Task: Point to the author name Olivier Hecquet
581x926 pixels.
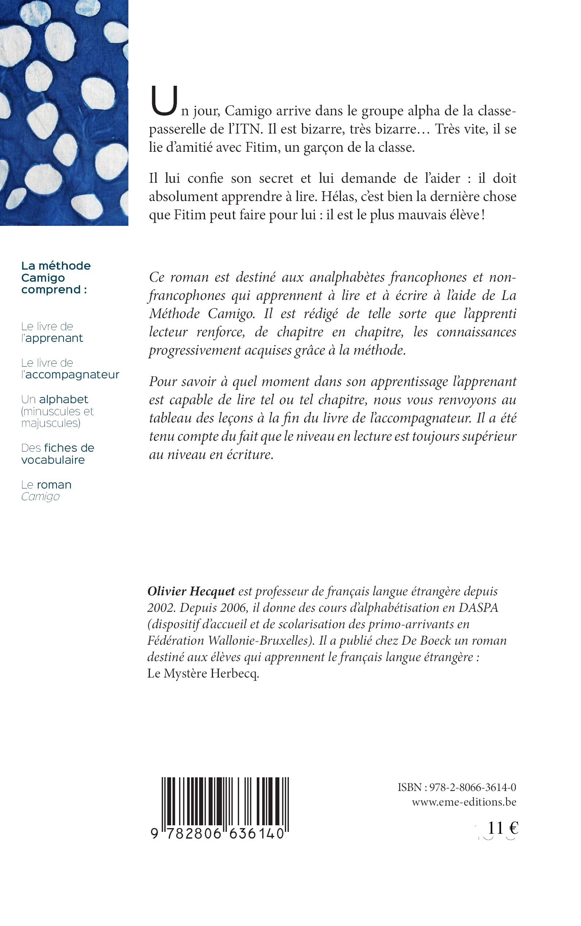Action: (x=191, y=591)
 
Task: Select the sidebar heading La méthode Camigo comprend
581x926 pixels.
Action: (x=56, y=278)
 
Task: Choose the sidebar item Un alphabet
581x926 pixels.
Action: (x=55, y=400)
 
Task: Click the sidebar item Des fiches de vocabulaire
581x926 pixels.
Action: (x=58, y=454)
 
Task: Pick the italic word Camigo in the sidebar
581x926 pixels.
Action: (x=40, y=497)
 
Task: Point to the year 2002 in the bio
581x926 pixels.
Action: (x=161, y=608)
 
